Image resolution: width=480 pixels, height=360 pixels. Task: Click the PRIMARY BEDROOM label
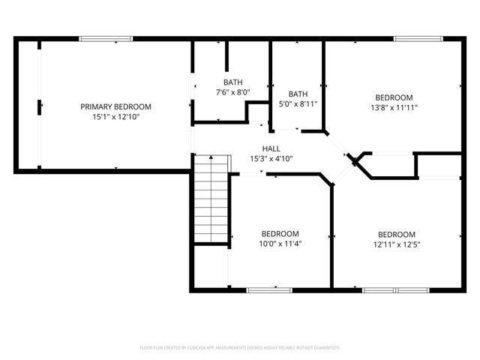115,106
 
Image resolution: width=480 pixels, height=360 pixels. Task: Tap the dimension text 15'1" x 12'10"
115,117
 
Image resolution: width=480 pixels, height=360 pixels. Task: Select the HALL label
271,148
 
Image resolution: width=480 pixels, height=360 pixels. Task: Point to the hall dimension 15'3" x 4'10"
271,158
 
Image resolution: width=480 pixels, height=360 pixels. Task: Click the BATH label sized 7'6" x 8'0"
232,82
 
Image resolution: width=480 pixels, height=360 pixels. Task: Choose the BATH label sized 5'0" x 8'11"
298,94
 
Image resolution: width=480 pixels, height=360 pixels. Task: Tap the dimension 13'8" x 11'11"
394,107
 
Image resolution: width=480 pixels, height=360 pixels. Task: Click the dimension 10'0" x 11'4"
280,243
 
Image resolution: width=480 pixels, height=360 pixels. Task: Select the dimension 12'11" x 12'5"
396,243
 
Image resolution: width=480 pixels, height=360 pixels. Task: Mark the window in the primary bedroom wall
106,39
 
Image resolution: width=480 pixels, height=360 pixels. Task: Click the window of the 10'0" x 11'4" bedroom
269,289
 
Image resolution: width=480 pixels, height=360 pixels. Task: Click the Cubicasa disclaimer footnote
240,348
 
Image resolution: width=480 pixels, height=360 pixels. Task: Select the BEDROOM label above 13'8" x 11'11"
394,97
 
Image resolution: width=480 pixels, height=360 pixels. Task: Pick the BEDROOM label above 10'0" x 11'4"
280,233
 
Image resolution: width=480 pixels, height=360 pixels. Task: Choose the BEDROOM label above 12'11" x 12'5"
396,233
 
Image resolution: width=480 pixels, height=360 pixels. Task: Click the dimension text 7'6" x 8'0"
232,92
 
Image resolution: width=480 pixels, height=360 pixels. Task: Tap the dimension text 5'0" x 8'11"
298,104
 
